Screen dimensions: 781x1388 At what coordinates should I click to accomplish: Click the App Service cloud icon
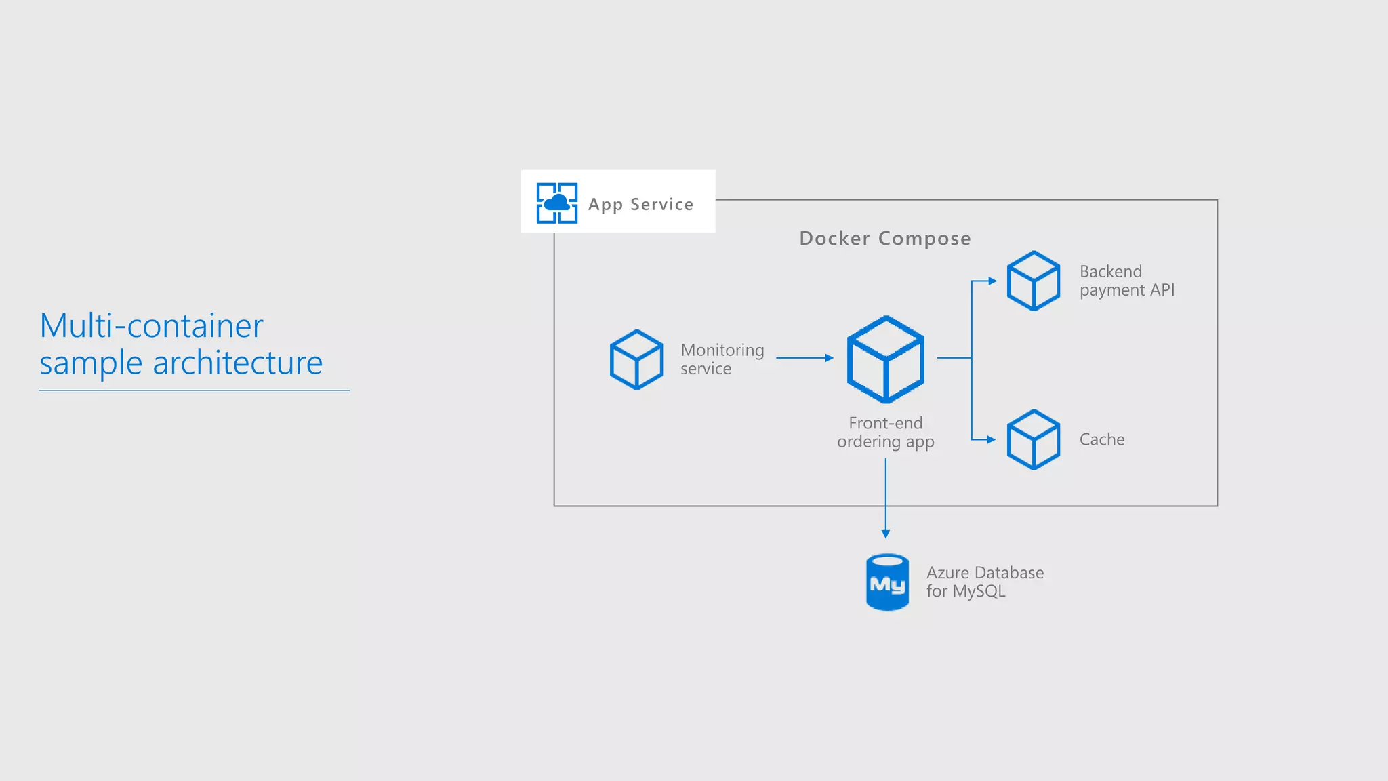coord(556,203)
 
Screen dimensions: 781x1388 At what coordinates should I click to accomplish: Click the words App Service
coord(640,204)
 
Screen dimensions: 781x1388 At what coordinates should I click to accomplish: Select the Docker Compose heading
coord(884,238)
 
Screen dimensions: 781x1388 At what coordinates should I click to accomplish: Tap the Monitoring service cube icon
coord(636,359)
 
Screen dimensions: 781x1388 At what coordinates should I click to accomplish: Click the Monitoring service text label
coord(722,359)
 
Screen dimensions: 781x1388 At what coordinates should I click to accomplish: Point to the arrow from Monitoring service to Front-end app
coord(804,357)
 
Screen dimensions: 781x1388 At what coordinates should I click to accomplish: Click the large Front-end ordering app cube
coord(885,359)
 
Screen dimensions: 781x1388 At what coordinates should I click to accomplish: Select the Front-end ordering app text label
coord(885,433)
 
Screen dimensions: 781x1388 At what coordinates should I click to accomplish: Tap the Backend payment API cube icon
coord(1033,281)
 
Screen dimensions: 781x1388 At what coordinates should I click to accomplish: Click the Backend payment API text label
coord(1126,281)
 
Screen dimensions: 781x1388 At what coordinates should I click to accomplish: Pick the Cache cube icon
coord(1033,439)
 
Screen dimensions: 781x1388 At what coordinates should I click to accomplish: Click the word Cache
coord(1101,439)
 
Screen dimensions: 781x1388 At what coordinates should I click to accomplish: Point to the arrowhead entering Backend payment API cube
coord(993,281)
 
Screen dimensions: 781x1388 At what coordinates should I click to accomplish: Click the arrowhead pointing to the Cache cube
coord(992,439)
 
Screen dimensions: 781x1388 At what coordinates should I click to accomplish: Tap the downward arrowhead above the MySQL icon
coord(885,534)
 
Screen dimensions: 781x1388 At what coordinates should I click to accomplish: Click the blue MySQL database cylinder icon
coord(887,582)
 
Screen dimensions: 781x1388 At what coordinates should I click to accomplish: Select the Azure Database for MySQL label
coord(984,582)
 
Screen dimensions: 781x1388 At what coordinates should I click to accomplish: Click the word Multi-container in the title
coord(151,326)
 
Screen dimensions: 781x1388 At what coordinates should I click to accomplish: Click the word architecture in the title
coord(237,363)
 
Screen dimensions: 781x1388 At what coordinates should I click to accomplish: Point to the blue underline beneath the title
coord(194,390)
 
